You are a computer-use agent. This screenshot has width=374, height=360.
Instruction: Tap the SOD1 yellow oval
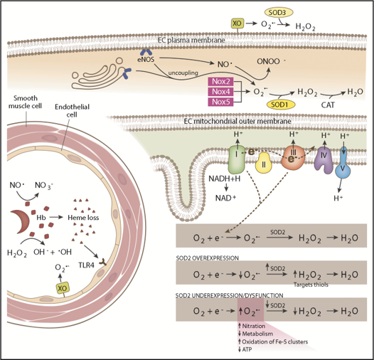281,105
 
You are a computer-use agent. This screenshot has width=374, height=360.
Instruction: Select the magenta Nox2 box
221,81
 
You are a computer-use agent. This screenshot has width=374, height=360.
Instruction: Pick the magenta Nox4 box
221,92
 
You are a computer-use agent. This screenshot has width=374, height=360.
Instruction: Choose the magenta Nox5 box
221,102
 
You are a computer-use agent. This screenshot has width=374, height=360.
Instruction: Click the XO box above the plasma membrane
237,23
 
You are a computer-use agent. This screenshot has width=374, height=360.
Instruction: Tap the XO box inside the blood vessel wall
63,288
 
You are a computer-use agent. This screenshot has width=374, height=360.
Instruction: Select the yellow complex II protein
264,163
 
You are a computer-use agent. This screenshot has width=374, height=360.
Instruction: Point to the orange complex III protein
293,158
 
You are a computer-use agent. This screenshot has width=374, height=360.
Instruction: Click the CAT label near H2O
328,105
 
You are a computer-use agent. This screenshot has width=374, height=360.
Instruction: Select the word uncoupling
183,73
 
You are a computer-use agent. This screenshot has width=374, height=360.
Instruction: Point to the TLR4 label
86,265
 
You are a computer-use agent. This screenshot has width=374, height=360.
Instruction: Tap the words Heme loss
83,218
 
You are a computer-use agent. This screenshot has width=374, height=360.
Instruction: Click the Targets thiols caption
311,285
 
